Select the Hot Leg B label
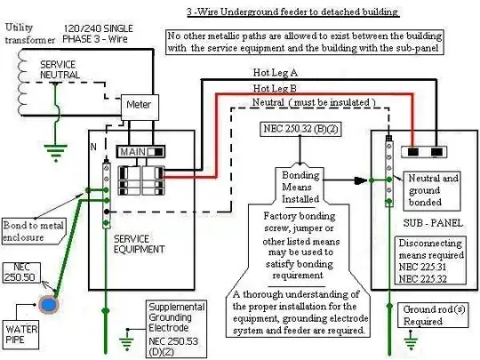[276, 89]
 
